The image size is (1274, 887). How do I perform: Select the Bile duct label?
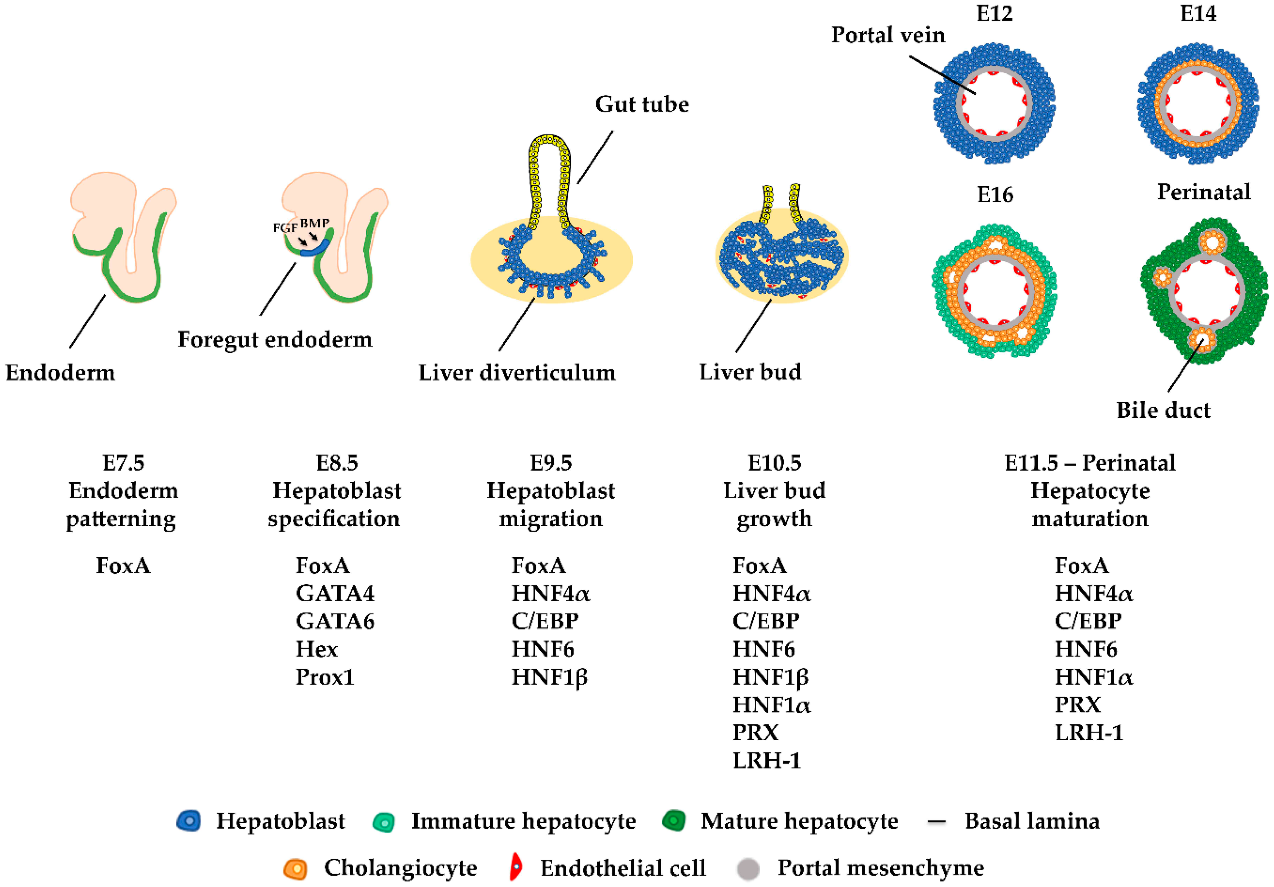coord(1163,410)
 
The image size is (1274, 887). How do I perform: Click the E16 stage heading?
coord(995,195)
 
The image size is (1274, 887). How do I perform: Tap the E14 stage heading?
coord(1198,13)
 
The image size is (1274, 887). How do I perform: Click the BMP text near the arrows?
coord(314,223)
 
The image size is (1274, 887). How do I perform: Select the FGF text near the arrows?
coord(284,228)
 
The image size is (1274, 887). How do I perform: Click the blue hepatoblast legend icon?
coord(189,821)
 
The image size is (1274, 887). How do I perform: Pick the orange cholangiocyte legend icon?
coord(295,868)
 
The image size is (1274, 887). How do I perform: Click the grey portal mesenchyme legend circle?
coord(748,869)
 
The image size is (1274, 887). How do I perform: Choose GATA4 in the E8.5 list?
coord(334,594)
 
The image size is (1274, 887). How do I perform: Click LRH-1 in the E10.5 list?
coord(767,761)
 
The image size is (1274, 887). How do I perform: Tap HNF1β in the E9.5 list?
coord(549,677)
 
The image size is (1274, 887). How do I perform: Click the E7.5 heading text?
coord(123,463)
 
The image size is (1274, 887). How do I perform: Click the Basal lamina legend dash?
coord(936,822)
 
